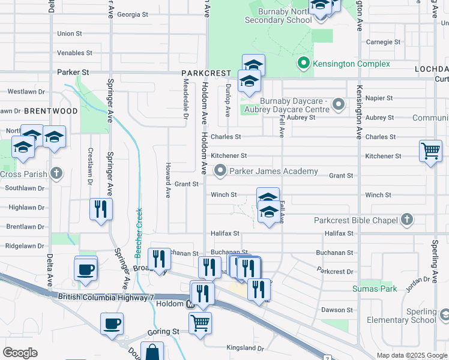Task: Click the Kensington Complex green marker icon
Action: [x=304, y=63]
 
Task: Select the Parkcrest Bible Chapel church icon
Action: [x=407, y=220]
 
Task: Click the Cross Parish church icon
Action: [x=56, y=174]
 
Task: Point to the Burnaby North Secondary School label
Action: [x=278, y=16]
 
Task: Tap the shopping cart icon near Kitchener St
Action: [x=431, y=151]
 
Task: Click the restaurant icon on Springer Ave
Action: [x=100, y=209]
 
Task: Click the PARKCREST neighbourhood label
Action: [x=206, y=73]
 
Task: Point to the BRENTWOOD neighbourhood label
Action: [x=50, y=111]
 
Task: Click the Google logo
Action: [x=20, y=352]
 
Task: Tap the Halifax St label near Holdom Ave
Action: [x=224, y=233]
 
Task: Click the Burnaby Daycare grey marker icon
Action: [x=339, y=105]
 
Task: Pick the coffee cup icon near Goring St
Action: [x=112, y=325]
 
